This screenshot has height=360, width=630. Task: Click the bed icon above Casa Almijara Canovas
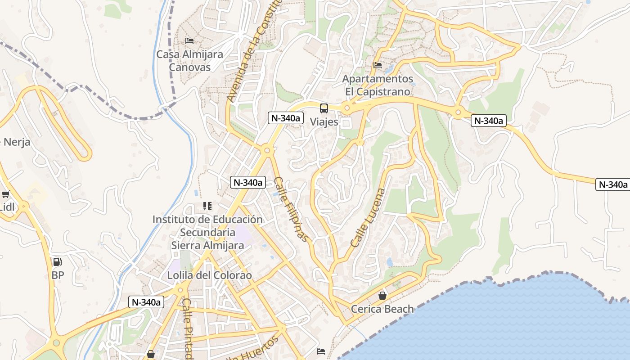pos(189,40)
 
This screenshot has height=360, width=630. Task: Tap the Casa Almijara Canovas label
pos(189,61)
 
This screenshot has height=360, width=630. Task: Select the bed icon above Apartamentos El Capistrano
pos(378,65)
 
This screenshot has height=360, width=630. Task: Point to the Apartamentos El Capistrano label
pos(378,85)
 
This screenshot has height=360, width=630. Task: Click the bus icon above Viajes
pos(324,108)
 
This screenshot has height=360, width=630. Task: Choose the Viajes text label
pos(324,121)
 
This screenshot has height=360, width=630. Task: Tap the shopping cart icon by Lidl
pos(5,194)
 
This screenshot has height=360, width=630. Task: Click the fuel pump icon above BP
pos(58,261)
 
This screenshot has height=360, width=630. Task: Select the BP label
pos(58,275)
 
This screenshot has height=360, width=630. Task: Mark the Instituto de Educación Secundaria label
pos(207,232)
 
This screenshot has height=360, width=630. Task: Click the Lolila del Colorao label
pos(210,275)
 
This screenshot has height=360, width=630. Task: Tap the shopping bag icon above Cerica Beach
pos(382,296)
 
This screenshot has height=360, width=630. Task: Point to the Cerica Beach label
pos(382,309)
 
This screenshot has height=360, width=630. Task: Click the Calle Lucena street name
pos(368,218)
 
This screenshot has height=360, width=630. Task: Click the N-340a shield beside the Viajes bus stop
pos(285,118)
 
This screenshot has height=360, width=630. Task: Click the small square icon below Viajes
pos(346,123)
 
